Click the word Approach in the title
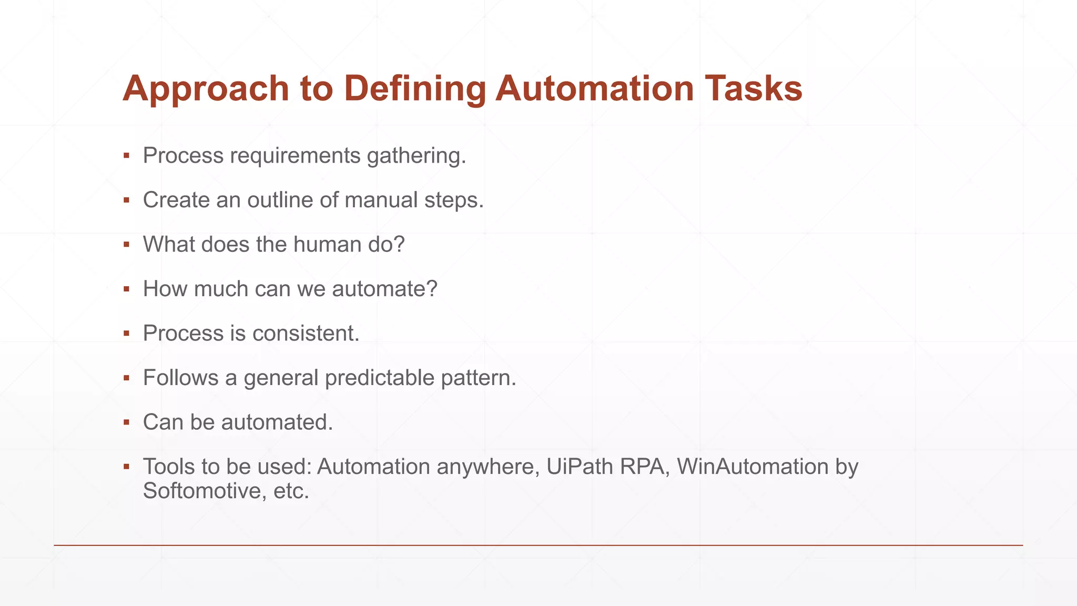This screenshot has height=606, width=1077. coord(206,88)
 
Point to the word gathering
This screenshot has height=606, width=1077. coord(416,156)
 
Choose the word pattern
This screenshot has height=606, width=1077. coord(475,378)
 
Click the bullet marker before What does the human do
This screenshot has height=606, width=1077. coord(126,245)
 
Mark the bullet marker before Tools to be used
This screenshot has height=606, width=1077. coord(126,467)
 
